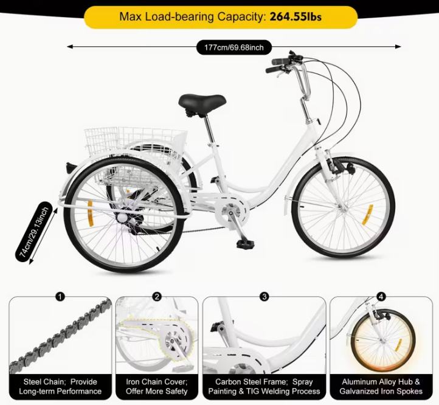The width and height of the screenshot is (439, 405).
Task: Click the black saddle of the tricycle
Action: (202, 103)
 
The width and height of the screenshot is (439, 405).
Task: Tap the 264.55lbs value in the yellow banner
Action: (296, 17)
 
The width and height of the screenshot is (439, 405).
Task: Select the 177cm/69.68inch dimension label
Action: (234, 47)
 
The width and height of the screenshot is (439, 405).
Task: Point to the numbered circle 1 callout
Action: (60, 296)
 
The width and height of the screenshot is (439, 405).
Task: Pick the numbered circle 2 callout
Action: (157, 296)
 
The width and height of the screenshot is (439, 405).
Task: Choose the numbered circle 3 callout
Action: (264, 296)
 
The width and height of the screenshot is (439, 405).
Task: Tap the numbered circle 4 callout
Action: (381, 296)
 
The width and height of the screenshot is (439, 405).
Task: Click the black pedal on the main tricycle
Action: (245, 244)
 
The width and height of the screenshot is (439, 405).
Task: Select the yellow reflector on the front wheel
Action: (367, 215)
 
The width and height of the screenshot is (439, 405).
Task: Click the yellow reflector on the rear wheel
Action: (90, 213)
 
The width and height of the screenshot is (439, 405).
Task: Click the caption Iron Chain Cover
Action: (157, 382)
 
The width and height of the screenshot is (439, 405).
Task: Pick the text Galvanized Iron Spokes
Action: (381, 391)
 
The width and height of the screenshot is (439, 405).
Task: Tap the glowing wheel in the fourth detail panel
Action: (383, 341)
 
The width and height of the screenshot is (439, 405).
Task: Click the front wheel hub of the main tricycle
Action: (343, 208)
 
